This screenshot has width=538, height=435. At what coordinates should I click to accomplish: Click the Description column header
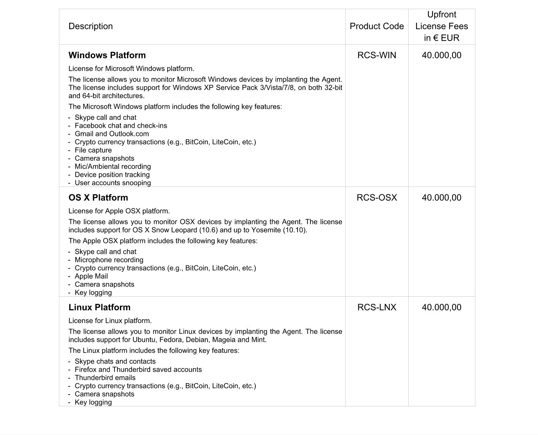point(90,26)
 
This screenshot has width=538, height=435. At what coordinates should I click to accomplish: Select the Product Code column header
point(377,26)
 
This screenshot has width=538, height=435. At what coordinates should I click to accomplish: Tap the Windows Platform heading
point(107,55)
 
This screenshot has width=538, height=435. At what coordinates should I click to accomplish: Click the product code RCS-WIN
point(377,55)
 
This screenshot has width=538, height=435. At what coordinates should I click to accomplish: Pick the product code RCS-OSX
point(377,197)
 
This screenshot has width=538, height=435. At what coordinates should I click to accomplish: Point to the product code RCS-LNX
point(377,307)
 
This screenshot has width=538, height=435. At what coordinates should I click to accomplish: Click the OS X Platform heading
point(98,197)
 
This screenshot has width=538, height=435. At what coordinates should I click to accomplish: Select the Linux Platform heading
point(100,307)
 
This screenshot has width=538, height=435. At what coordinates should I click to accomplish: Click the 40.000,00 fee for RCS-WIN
point(442,55)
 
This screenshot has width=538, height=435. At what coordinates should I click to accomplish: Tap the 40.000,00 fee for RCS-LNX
point(442,307)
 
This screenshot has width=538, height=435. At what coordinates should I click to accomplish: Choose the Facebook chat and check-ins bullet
point(121,126)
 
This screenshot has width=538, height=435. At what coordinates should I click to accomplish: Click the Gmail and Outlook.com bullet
point(112,134)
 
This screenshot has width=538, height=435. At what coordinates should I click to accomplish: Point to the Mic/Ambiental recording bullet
point(113,167)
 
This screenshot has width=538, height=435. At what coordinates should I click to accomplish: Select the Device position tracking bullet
point(112,175)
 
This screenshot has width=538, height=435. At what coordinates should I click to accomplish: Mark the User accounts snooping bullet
point(113,183)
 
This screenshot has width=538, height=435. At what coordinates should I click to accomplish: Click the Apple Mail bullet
point(91,276)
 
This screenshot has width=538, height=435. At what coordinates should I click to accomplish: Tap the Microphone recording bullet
point(109,260)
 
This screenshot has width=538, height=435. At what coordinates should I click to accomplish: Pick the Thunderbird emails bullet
point(105,378)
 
